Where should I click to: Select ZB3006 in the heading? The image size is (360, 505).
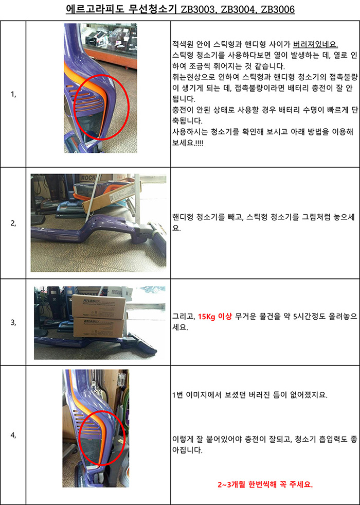click(278, 9)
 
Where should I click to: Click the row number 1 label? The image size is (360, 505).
click(13, 95)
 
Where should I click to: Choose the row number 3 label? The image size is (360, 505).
click(13, 322)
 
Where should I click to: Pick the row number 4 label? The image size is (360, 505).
click(13, 435)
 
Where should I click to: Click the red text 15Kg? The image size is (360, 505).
click(207, 316)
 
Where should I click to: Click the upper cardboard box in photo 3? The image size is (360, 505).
click(98, 306)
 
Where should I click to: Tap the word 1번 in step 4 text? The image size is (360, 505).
click(177, 395)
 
